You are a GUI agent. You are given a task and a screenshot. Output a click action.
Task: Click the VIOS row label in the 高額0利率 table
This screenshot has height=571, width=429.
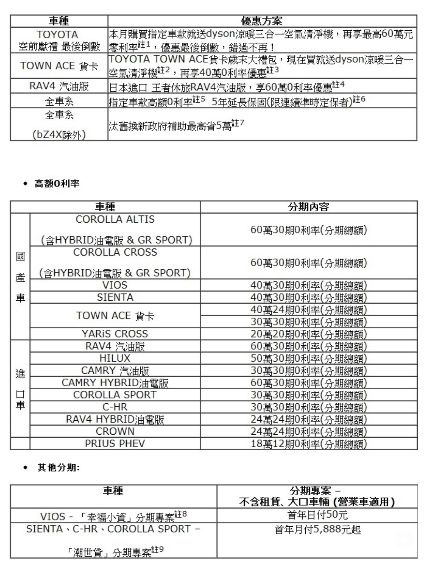(115, 285)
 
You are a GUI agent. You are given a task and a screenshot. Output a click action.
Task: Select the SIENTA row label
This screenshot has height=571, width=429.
(115, 297)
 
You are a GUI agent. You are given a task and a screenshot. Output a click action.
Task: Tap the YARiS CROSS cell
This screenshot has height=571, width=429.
(115, 334)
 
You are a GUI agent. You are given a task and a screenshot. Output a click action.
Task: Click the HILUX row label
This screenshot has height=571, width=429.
(115, 358)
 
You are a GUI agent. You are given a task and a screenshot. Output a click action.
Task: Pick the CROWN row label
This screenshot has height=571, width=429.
(115, 431)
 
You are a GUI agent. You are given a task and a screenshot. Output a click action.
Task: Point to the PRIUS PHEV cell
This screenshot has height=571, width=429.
(115, 444)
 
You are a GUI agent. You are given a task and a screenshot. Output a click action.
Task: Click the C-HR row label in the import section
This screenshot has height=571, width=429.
(115, 407)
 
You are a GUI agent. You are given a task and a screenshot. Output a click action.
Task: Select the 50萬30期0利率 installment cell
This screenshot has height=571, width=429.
(309, 358)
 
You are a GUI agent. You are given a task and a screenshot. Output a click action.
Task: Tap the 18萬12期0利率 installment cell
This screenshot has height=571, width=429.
(309, 444)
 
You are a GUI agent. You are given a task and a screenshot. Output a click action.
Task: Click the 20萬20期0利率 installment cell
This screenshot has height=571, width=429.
(309, 334)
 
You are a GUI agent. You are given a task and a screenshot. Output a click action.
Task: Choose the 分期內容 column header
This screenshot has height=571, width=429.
(309, 207)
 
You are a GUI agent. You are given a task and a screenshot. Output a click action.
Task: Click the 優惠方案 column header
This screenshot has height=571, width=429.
(262, 21)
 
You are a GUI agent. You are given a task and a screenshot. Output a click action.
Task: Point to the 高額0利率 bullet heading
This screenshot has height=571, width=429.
(57, 184)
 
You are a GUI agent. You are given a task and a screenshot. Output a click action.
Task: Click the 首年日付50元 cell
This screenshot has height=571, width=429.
(317, 515)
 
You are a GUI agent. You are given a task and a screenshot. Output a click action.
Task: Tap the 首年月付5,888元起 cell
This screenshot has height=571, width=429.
(317, 530)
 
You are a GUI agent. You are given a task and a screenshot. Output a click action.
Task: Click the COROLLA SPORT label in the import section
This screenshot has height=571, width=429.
(115, 395)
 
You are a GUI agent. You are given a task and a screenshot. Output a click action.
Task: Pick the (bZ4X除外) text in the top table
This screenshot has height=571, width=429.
(59, 135)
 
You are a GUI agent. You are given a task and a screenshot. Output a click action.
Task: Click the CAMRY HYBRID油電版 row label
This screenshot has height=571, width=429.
(115, 383)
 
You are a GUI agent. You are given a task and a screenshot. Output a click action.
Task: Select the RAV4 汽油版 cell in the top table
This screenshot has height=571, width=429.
(59, 86)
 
